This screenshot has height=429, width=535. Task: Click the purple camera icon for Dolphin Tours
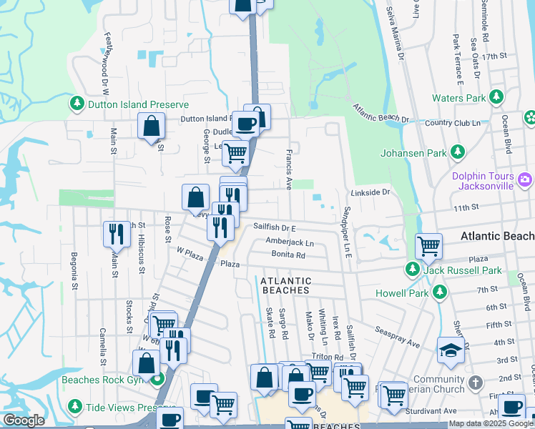click(x=526, y=179)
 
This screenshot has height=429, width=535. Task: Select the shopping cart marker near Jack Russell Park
click(x=428, y=246)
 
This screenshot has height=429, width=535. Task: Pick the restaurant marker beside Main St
click(x=116, y=233)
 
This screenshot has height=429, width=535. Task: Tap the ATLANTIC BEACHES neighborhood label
click(x=285, y=286)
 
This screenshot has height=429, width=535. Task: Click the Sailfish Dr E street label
click(x=275, y=227)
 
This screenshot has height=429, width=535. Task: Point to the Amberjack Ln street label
click(x=290, y=242)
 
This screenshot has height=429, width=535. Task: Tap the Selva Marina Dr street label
click(x=395, y=33)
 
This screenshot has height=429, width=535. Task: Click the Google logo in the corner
click(x=24, y=420)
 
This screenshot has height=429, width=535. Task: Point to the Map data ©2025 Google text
click(x=491, y=423)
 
